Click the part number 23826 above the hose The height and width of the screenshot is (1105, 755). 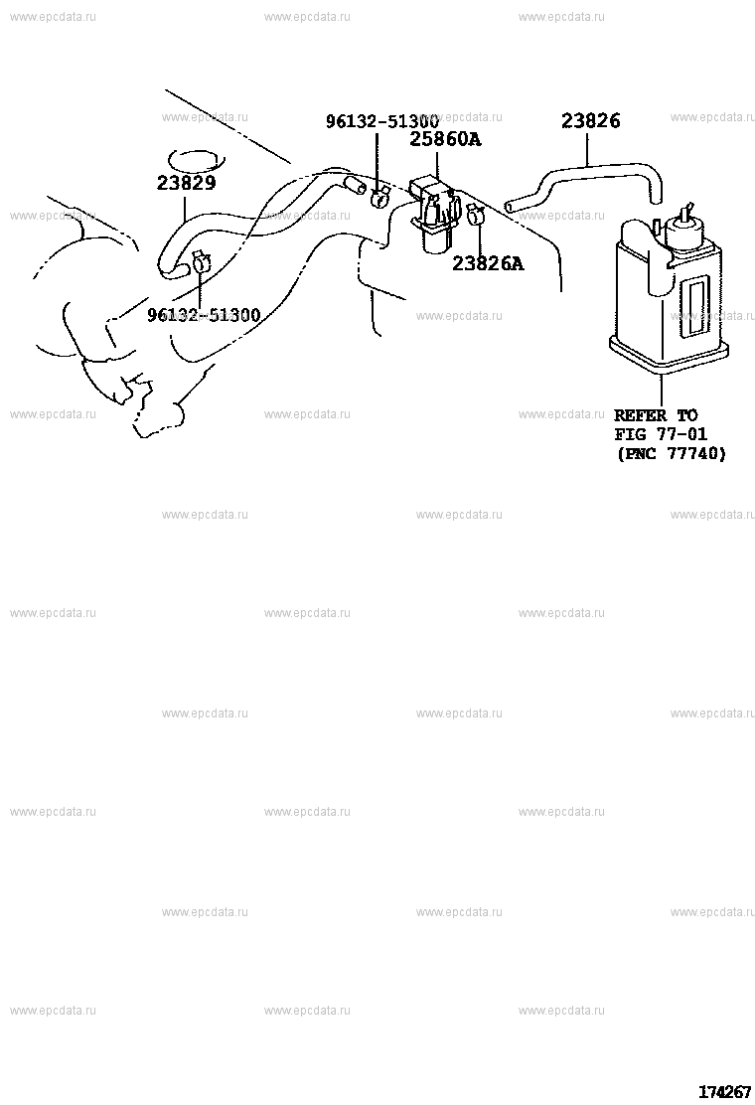pos(590,121)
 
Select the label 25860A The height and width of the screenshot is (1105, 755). pos(445,139)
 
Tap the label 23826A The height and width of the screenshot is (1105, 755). pos(488,263)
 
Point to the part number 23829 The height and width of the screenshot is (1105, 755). pos(186,183)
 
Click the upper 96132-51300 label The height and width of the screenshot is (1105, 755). pos(382,121)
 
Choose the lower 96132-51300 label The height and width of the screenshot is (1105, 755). pos(204,315)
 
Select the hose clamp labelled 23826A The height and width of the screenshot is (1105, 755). pos(475,213)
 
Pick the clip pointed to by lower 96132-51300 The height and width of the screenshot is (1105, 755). pos(201,262)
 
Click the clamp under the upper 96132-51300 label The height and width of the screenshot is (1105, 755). pos(379,198)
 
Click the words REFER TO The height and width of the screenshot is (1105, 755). pos(656,415)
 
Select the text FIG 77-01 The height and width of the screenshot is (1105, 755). pos(661,434)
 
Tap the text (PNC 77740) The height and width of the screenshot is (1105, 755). pos(671,453)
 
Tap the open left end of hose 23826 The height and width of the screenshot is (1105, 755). pos(511,206)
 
